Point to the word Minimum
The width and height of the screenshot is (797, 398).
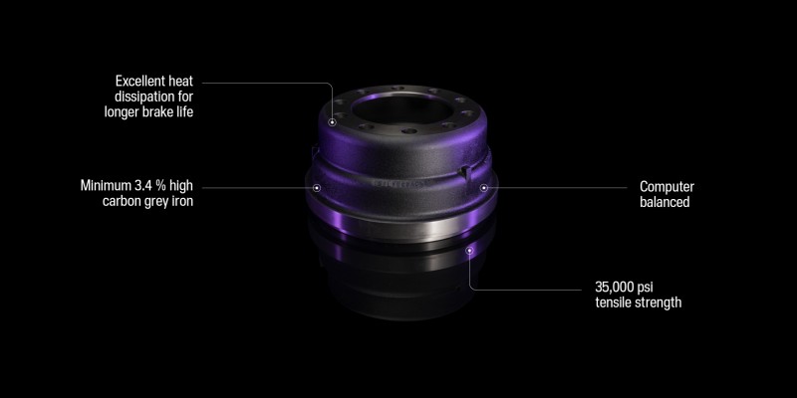pyautogui.click(x=107, y=185)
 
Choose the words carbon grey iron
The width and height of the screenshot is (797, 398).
pyautogui.click(x=148, y=201)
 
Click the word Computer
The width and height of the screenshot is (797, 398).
pyautogui.click(x=666, y=186)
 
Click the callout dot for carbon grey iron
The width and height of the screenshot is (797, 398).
pyautogui.click(x=317, y=186)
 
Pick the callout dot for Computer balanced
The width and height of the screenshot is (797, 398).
pyautogui.click(x=485, y=186)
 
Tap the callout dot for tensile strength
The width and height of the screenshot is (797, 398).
pyautogui.click(x=470, y=252)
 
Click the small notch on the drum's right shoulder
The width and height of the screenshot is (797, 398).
pyautogui.click(x=465, y=172)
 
